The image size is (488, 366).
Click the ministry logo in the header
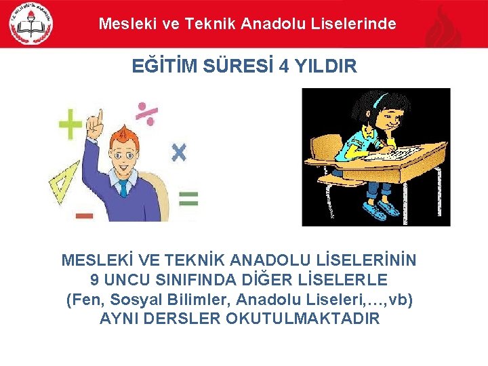pos(30,24)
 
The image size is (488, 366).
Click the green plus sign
pos(70,125)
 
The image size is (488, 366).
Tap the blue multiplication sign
pos(178,152)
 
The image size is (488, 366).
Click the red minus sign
pos(84,216)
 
